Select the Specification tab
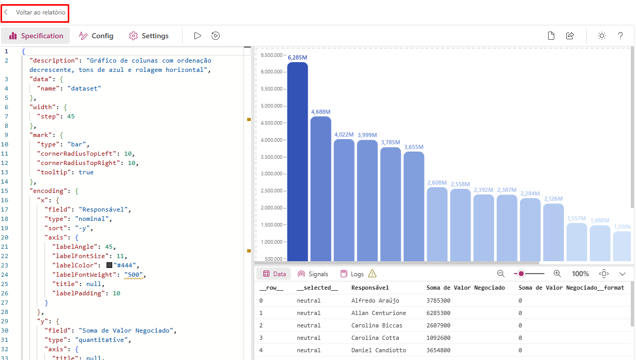click(36, 36)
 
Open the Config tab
click(96, 36)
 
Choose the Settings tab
click(149, 36)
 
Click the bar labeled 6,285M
click(297, 160)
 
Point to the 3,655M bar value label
click(414, 147)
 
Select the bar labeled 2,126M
click(553, 233)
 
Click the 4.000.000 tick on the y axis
click(271, 140)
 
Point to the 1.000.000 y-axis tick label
click(271, 242)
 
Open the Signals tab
click(313, 274)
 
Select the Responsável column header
click(370, 288)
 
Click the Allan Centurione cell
click(378, 313)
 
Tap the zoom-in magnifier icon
click(557, 274)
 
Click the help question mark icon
click(620, 36)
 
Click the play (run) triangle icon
click(198, 36)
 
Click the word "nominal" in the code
click(94, 219)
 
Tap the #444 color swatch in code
click(109, 265)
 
